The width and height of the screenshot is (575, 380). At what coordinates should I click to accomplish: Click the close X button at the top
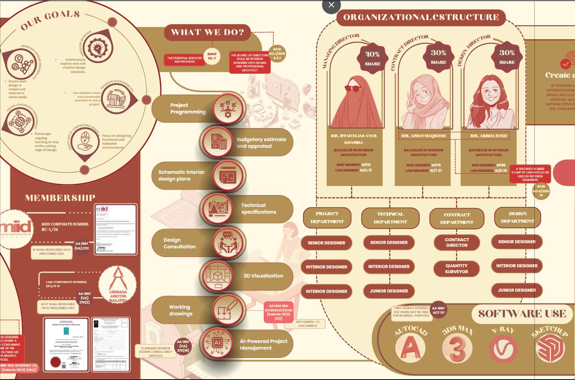tap(331, 5)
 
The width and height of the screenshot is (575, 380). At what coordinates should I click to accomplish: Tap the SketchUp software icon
tap(550, 348)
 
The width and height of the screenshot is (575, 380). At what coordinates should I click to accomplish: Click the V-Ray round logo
tap(503, 349)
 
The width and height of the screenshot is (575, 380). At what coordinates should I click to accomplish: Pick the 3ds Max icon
tap(457, 348)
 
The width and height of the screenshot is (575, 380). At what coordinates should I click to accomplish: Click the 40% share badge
tap(372, 58)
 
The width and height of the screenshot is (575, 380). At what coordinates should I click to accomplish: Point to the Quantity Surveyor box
tap(456, 269)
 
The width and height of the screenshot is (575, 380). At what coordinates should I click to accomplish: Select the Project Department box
tap(327, 218)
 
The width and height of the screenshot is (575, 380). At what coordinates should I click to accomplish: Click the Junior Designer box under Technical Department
tap(389, 291)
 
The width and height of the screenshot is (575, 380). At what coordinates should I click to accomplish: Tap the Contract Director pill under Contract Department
tap(457, 242)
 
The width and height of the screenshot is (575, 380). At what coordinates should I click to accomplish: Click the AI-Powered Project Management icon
tap(217, 343)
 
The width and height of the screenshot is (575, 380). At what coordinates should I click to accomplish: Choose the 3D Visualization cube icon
tap(218, 276)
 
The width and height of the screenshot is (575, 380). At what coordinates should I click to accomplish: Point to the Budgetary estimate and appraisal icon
tap(217, 142)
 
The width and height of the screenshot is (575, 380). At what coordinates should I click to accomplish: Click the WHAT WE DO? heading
tap(207, 32)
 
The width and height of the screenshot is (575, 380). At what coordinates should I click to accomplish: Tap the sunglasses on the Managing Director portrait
tap(353, 88)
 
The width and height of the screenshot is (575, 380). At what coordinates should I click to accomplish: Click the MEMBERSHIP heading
tap(60, 198)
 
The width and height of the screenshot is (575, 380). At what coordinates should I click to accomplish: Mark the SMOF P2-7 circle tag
tap(212, 56)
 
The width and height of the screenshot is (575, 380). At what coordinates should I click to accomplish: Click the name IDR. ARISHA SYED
tap(489, 136)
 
